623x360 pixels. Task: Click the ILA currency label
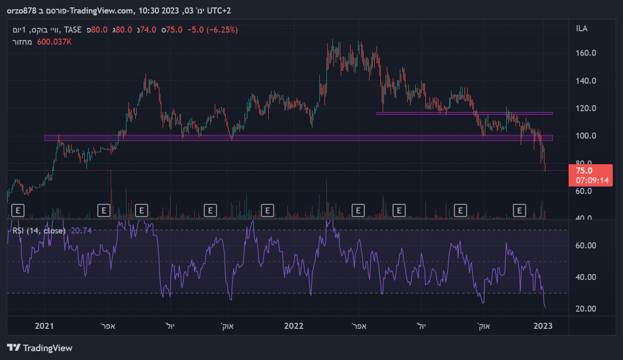click(582, 29)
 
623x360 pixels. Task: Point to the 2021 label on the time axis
click(45, 326)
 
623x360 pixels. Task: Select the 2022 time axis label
click(294, 326)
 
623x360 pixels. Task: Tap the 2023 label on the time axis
click(543, 326)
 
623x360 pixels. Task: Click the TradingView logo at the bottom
click(40, 348)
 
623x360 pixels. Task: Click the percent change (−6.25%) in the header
click(222, 30)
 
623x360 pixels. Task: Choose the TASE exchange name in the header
click(73, 30)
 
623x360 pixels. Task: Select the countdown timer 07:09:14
click(590, 180)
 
